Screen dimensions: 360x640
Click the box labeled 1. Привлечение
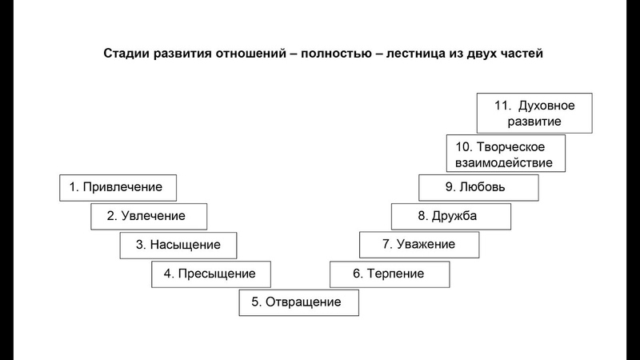118,187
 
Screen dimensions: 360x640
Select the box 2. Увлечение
148,216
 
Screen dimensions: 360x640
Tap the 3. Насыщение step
178,245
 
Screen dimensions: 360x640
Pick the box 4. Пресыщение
210,274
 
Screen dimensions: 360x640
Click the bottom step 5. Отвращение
298,302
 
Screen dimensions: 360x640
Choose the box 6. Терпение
390,274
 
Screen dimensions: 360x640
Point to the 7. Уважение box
419,245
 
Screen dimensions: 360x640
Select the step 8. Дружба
450,216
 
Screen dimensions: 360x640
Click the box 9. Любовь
478,187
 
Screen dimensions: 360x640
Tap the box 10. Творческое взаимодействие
506,154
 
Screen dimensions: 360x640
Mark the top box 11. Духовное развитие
534,113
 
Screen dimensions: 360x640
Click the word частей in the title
521,54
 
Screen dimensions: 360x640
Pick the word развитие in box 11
534,122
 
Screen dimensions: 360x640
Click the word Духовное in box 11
546,105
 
